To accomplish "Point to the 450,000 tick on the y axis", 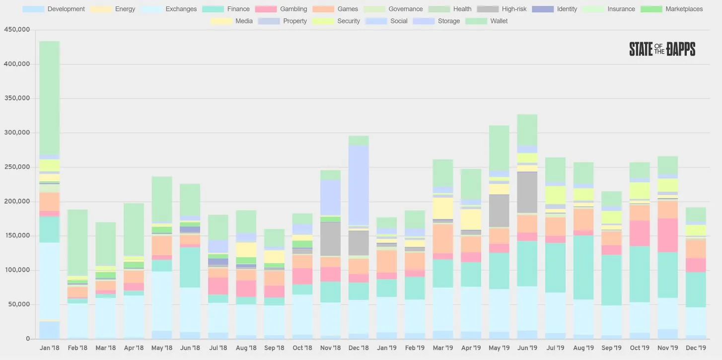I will coord(17,30).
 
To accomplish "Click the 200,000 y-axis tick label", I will coord(17,202).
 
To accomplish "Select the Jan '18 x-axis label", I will coord(49,348).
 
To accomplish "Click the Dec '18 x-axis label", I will coord(359,348).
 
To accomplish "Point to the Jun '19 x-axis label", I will coord(527,348).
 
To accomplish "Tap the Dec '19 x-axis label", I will coord(695,348).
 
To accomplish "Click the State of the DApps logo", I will coord(662,49).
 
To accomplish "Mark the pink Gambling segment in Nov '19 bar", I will coord(667,235).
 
